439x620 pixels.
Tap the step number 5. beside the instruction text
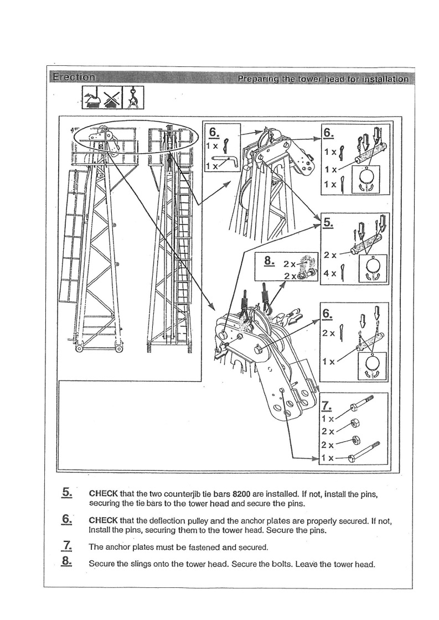pyautogui.click(x=68, y=492)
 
